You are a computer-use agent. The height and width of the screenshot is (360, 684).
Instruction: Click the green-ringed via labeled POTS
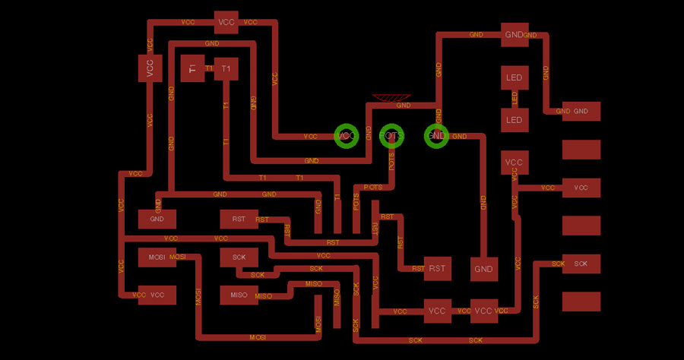coord(392,136)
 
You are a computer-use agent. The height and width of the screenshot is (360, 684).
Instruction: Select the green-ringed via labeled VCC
coord(347,136)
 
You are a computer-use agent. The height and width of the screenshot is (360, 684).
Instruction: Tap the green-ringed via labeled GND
coord(437,136)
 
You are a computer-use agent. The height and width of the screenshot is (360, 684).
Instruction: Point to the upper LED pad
coord(515,77)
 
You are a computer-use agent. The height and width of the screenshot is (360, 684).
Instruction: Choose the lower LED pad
coord(515,119)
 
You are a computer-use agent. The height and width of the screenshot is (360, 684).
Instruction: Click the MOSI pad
coord(157,257)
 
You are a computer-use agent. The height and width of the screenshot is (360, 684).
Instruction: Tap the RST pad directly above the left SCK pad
coord(239,219)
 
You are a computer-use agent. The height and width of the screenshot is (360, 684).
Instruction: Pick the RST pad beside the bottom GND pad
coord(437,268)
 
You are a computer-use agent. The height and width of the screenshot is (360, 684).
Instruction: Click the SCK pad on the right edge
coord(581,264)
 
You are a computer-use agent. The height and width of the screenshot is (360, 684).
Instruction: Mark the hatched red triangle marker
coord(392,98)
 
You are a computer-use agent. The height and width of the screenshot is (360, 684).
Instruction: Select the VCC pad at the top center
coord(226,22)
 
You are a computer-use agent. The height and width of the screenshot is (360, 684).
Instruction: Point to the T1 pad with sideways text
coord(192,68)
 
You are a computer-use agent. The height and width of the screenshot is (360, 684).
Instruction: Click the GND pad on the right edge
coord(581,112)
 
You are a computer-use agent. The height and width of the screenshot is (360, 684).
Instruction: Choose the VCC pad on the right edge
coord(581,188)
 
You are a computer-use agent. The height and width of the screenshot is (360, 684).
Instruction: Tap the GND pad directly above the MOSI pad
coord(157,219)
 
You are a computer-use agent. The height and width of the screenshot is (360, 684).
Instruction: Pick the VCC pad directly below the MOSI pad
coord(157,295)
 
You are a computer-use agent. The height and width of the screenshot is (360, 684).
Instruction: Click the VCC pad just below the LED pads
coord(515,163)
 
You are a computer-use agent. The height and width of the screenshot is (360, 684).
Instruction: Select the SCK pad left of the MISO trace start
coord(239,257)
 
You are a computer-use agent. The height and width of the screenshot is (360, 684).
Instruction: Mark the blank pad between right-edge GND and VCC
coord(581,150)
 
